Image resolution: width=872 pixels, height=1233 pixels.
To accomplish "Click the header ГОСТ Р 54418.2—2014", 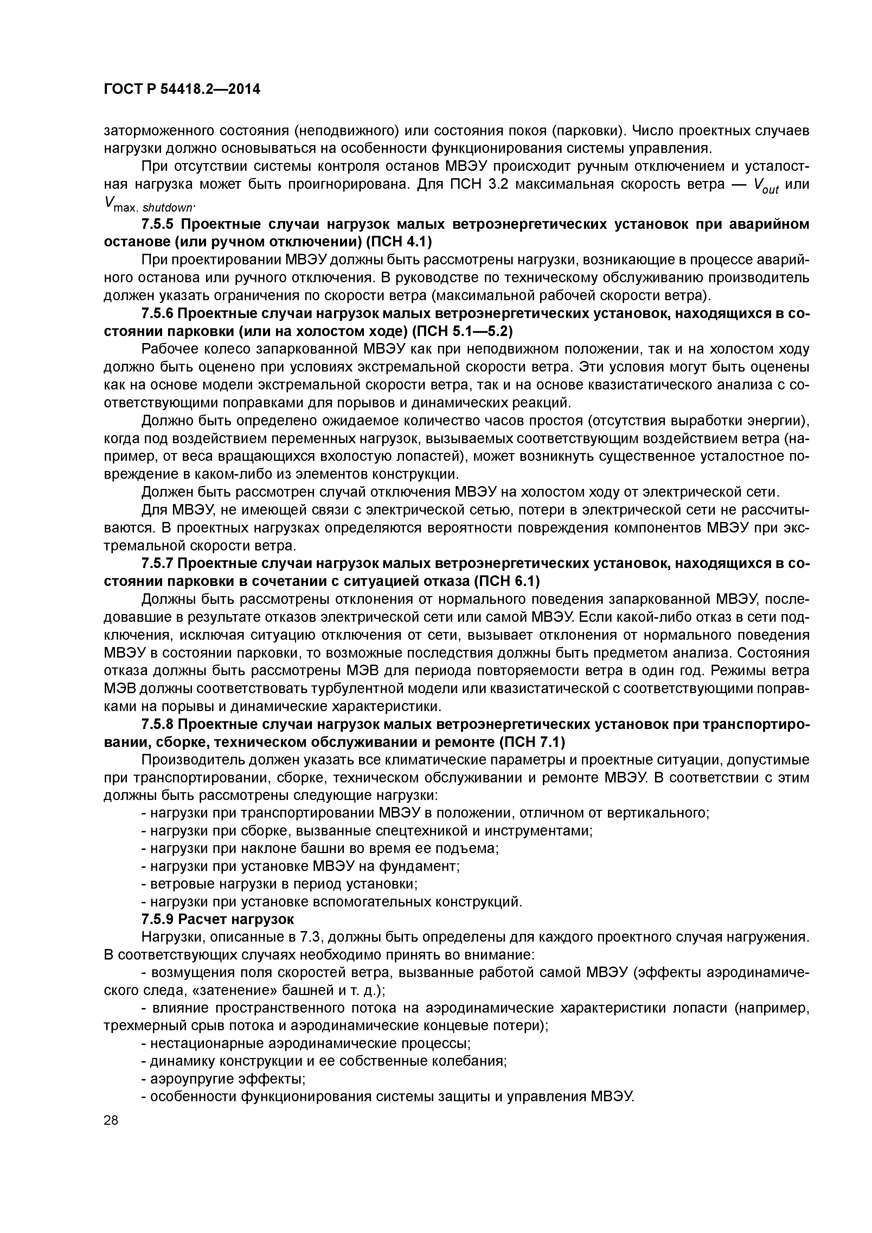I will pyautogui.click(x=181, y=89).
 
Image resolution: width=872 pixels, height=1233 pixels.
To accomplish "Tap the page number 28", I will pyautogui.click(x=111, y=1120).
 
